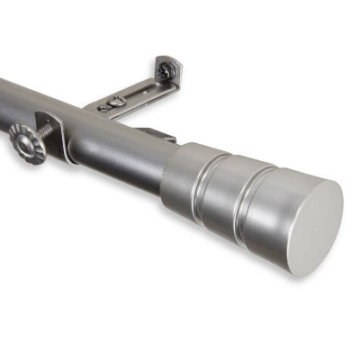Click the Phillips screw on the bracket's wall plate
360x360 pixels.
click(165, 70)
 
